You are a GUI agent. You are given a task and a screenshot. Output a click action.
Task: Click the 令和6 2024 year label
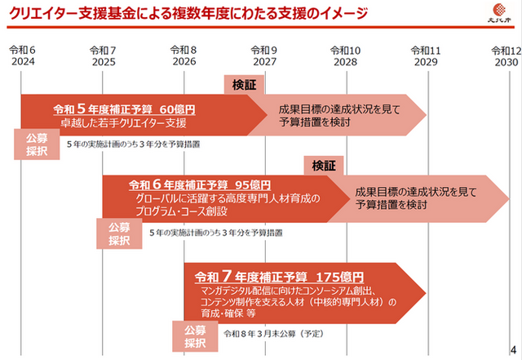point(22,56)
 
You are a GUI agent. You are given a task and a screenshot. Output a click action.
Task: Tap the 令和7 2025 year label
point(104,56)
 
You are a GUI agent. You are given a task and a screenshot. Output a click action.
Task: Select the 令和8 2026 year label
point(184,56)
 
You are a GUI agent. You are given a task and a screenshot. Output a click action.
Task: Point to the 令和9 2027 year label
point(264,56)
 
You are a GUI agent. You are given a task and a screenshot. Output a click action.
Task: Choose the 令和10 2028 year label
point(346,56)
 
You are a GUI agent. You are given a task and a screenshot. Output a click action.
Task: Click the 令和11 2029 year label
point(426,56)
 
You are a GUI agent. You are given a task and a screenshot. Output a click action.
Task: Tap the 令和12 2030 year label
point(507,56)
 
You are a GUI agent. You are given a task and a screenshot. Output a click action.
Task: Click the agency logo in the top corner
point(499,13)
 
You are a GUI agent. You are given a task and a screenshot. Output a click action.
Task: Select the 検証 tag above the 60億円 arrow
point(244,85)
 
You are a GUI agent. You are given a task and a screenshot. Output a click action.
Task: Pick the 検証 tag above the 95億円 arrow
point(324,166)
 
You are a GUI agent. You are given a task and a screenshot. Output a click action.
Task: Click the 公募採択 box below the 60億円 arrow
point(37,144)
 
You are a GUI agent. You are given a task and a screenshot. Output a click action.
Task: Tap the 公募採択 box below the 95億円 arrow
point(119,233)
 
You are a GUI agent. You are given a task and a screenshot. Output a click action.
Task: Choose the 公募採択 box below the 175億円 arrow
point(195,336)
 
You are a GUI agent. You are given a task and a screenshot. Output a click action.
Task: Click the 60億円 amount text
point(178,109)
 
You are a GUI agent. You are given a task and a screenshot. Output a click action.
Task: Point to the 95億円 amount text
point(253,184)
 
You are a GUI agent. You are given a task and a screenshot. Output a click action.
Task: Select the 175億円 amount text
point(340,277)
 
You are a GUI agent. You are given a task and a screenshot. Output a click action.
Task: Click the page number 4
point(513,349)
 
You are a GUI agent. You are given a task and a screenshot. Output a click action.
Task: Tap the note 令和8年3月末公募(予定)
point(274,334)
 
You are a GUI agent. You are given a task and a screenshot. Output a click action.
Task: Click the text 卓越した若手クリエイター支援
point(123,122)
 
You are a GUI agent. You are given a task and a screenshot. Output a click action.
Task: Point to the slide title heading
point(188,13)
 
